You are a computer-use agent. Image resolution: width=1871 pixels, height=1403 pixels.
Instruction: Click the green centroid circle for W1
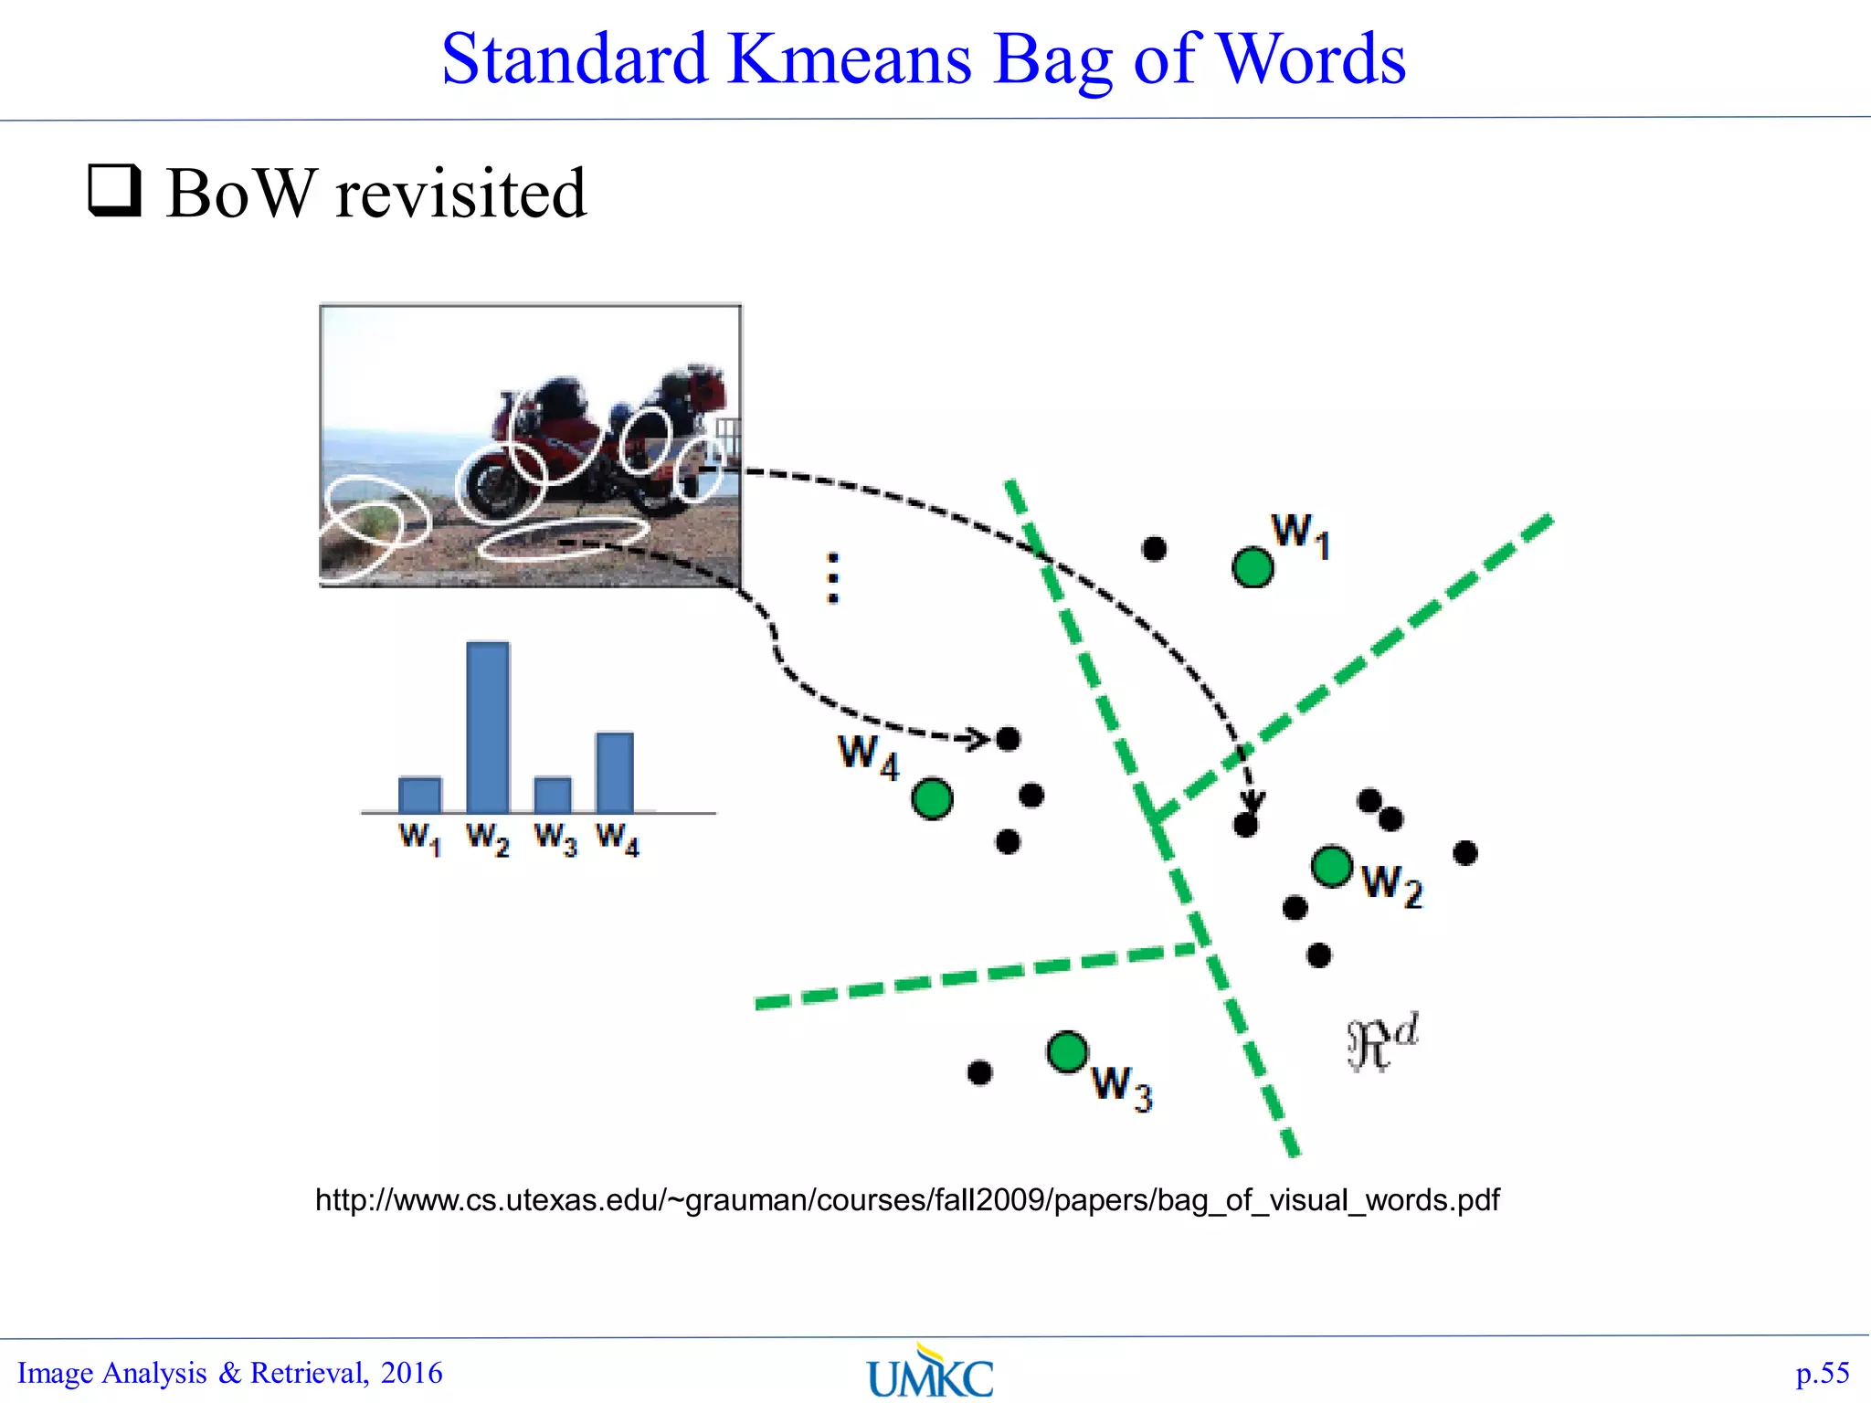coord(1253,567)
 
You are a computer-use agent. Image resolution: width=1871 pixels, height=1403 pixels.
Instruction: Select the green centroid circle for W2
coord(1332,866)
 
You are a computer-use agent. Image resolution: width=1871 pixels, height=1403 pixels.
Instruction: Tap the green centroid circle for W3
coord(1067,1051)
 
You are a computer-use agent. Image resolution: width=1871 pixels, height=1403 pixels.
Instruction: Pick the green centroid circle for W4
coord(932,799)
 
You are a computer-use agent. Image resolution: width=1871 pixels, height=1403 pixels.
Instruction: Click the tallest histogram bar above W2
coord(488,727)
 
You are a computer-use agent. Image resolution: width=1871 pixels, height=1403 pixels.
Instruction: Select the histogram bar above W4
coord(615,772)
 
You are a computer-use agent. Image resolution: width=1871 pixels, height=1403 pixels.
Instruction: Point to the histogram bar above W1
coord(420,794)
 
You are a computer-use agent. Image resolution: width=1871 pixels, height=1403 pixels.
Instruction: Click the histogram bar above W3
coord(553,794)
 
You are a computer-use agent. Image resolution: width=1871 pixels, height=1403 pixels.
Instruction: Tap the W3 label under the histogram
coord(555,839)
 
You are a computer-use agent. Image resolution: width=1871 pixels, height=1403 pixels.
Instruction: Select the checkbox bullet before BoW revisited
coord(114,190)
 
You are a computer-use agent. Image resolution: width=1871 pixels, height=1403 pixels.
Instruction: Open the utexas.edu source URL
coord(906,1199)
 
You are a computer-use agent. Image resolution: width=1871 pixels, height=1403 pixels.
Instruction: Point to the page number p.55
coord(1822,1373)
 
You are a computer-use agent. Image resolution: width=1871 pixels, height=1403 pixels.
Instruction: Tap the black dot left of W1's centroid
coord(1155,548)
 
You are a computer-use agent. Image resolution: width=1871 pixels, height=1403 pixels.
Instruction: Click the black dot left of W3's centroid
coord(979,1071)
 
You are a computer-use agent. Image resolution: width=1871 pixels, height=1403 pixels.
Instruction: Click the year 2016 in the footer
coord(411,1373)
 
